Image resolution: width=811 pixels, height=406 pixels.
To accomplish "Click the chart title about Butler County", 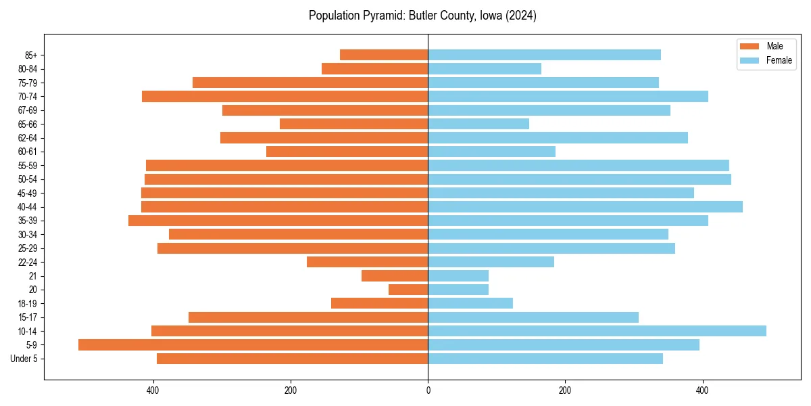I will pos(422,16).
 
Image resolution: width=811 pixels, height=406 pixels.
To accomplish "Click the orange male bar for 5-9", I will pos(253,345).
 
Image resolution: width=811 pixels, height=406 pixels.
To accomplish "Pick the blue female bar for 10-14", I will pos(597,331).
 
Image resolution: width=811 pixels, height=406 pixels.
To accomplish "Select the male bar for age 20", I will pos(408,290).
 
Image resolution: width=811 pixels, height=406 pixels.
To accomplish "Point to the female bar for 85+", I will pos(544,55).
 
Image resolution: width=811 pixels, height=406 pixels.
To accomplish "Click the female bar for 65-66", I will pos(478,124).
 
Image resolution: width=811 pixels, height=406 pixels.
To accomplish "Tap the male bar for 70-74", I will pos(285,96).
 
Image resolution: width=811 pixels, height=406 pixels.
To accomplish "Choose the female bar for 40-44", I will pos(585,206).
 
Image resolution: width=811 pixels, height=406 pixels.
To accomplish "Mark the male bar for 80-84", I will pos(374,68).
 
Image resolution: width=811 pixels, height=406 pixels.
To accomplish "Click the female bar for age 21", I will pos(458,276).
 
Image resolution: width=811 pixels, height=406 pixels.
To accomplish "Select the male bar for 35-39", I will pos(278,221).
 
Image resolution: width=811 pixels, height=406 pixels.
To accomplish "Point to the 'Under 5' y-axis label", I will pos(24,359).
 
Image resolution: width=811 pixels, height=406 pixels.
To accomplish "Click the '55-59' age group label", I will pos(28,166).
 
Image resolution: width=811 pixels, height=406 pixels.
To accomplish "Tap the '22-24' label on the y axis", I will pos(28,262).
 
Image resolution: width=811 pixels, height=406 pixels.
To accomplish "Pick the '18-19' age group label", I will pos(28,304).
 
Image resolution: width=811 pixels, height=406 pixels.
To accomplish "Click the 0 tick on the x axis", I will pos(428,390).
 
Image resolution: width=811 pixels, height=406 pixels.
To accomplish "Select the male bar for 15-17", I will pos(308,317).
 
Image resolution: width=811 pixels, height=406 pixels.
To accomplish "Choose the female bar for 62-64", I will pos(558,138).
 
